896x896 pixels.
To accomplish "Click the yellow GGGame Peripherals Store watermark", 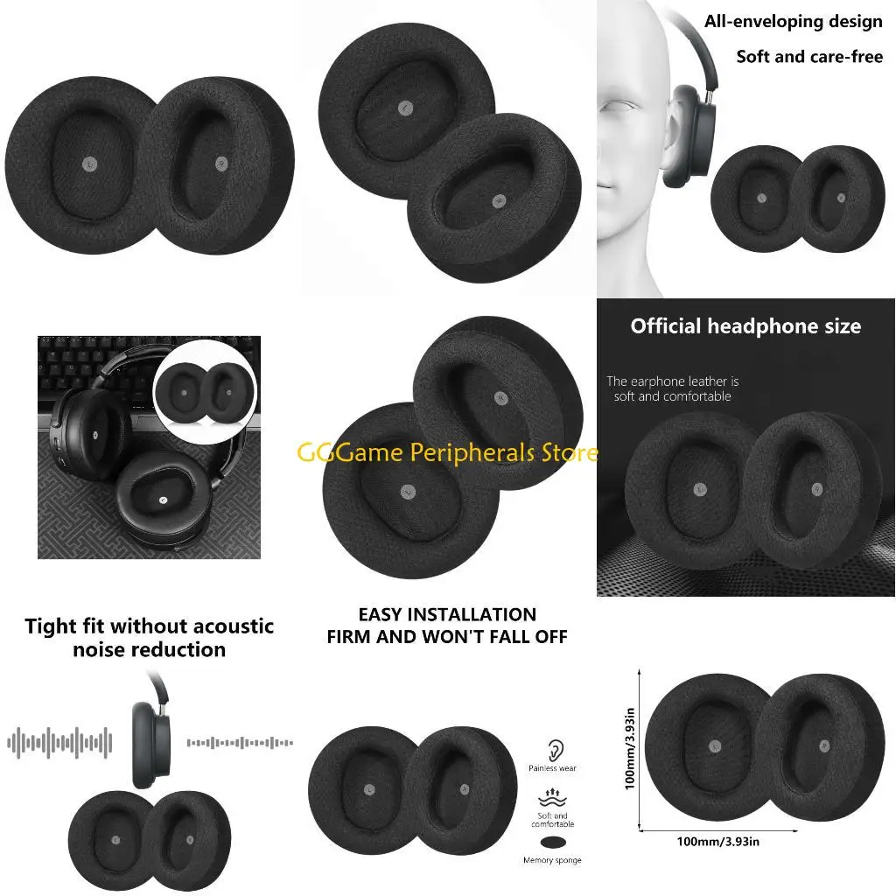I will [448, 452].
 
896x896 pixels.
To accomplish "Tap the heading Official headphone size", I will [745, 326].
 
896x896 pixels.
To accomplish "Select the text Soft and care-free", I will [809, 57].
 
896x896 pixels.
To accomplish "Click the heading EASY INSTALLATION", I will [447, 614].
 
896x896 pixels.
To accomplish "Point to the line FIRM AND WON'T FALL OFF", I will [447, 637].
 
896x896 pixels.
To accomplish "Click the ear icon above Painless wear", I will [555, 749].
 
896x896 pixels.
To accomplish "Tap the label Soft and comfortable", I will [552, 820].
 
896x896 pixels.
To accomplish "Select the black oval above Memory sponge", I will [552, 843].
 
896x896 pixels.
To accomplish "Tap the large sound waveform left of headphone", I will [59, 743].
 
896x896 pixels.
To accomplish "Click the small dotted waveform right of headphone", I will [240, 743].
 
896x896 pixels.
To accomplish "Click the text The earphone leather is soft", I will [672, 388].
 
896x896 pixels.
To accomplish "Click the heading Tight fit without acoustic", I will [149, 626].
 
